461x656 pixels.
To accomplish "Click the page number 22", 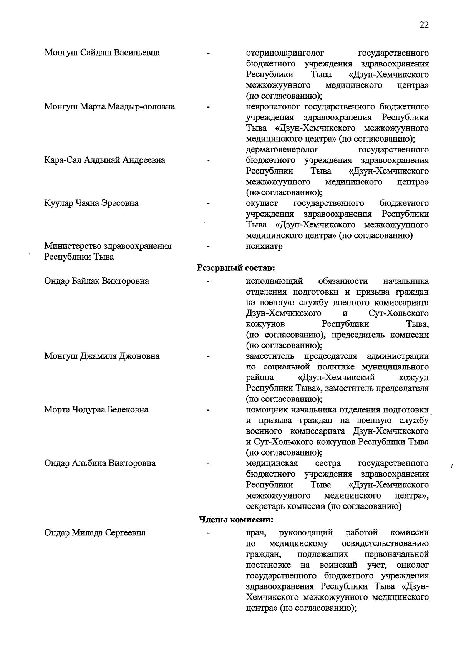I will click(x=424, y=25).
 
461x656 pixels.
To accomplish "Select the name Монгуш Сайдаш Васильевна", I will click(x=102, y=53).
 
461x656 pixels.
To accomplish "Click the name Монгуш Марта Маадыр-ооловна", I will click(x=110, y=106).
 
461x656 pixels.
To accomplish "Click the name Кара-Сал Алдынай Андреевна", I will click(x=105, y=160).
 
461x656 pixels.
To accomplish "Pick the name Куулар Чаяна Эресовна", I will click(x=91, y=203).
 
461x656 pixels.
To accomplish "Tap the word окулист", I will click(x=262, y=203).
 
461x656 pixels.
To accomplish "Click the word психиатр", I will click(x=264, y=246).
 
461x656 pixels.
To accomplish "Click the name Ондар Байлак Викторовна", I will click(x=97, y=281).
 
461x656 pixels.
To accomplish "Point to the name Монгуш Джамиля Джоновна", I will click(x=102, y=356).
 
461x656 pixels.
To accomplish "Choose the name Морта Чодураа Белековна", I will click(x=96, y=410).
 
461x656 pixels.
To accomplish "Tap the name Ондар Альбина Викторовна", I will click(x=100, y=463).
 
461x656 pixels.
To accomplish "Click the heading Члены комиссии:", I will click(x=236, y=520).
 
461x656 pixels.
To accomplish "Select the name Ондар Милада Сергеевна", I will click(x=95, y=533).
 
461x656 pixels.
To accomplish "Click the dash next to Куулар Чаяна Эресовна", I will click(x=208, y=203).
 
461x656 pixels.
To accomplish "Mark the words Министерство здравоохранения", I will click(x=108, y=246).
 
